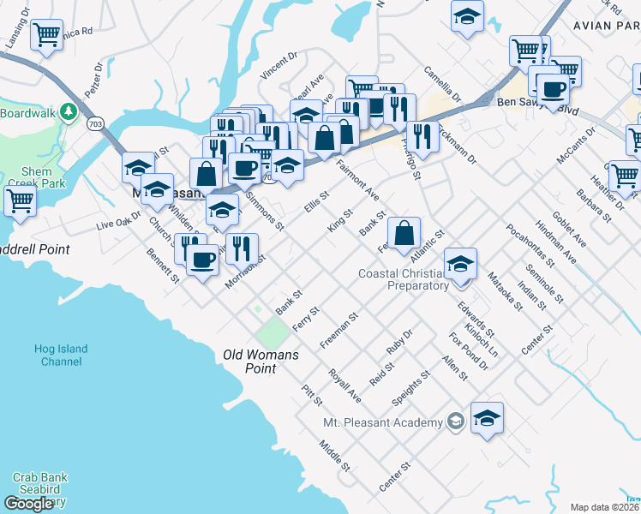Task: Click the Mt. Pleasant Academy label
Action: click(x=383, y=422)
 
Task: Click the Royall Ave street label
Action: click(x=344, y=385)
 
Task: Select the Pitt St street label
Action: click(x=311, y=395)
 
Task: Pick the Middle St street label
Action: click(x=335, y=456)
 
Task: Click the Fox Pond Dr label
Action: click(x=471, y=351)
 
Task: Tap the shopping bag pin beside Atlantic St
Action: click(x=404, y=232)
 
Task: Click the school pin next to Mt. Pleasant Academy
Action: click(x=487, y=417)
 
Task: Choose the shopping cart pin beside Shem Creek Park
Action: click(x=20, y=201)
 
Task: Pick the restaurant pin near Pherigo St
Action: click(x=421, y=134)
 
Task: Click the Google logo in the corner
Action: click(x=28, y=503)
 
